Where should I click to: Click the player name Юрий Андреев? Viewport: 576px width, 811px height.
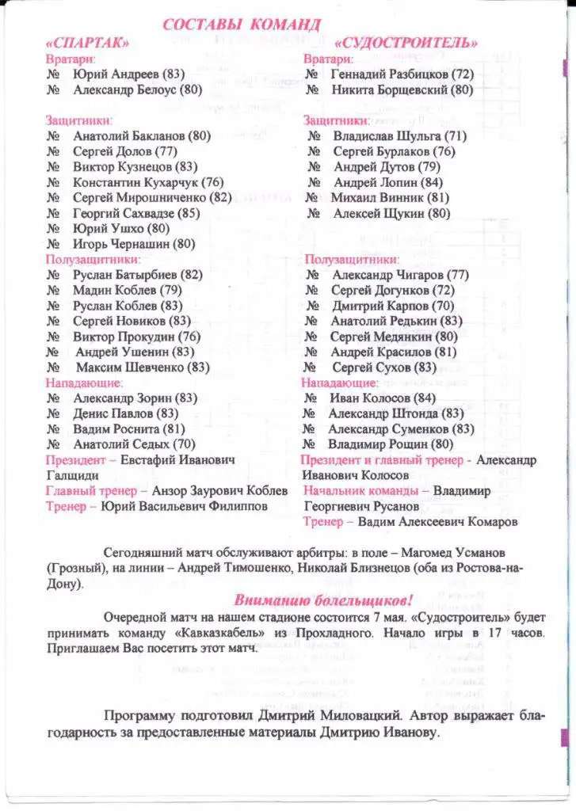116,74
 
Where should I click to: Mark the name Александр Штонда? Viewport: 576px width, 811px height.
383,413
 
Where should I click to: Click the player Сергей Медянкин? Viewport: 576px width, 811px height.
383,337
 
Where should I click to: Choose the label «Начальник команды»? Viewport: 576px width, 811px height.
361,491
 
